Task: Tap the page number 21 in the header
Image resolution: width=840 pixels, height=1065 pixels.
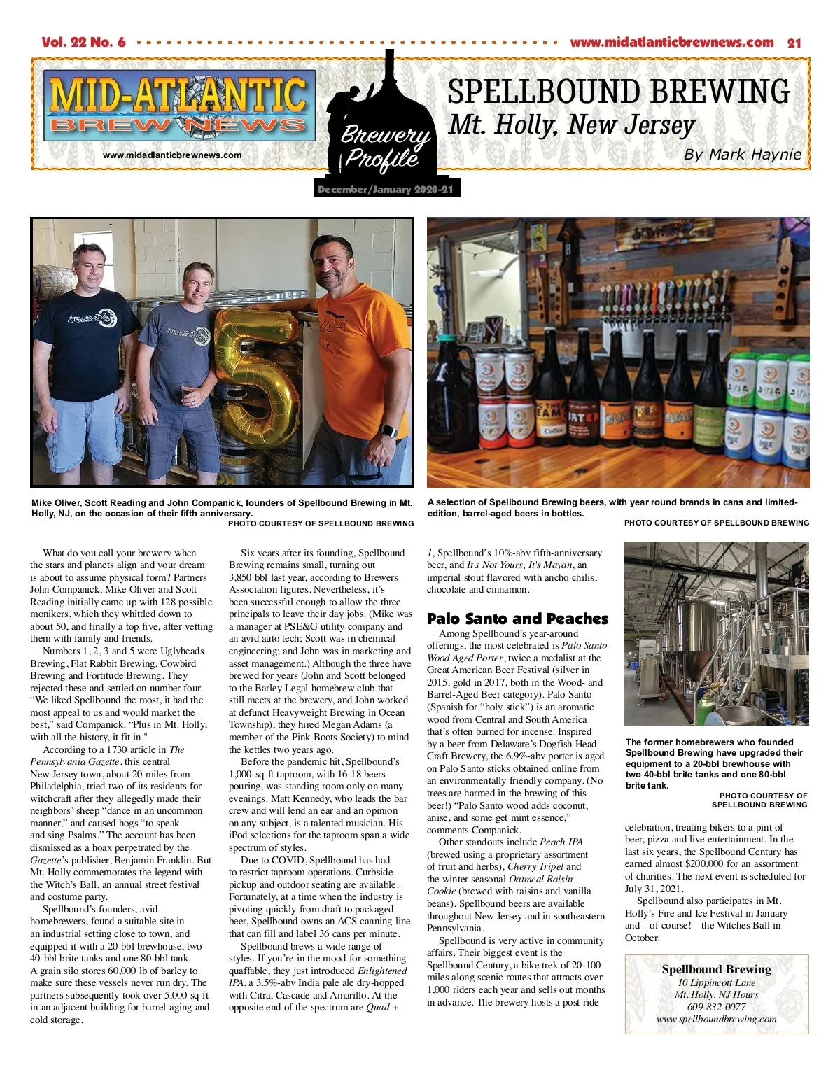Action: pyautogui.click(x=794, y=43)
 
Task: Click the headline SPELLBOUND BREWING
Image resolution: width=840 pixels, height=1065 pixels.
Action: pyautogui.click(x=618, y=92)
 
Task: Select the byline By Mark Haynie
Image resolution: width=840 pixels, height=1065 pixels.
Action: pyautogui.click(x=742, y=155)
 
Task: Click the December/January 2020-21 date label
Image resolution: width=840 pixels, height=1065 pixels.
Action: pyautogui.click(x=385, y=190)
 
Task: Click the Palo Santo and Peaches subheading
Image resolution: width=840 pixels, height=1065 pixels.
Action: pyautogui.click(x=517, y=619)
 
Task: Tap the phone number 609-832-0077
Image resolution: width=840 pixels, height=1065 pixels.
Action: pyautogui.click(x=716, y=1007)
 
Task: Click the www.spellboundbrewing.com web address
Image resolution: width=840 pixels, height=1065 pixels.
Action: pyautogui.click(x=716, y=1019)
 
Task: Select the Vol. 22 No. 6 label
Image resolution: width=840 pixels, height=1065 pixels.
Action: pyautogui.click(x=83, y=43)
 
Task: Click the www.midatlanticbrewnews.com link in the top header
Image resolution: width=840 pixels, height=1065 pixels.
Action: pyautogui.click(x=671, y=43)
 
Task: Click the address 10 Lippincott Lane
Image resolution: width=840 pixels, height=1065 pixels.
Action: pyautogui.click(x=716, y=982)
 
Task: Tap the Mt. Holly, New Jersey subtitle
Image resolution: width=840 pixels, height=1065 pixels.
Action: pyautogui.click(x=571, y=125)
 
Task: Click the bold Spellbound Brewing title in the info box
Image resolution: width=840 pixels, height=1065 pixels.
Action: pyautogui.click(x=716, y=969)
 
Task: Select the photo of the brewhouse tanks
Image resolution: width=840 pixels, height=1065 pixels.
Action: pyautogui.click(x=716, y=633)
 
